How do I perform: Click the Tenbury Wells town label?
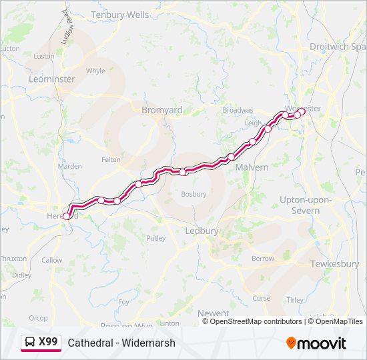[x=120, y=14]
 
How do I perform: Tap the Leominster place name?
[x=52, y=79]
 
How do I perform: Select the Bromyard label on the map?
[x=161, y=110]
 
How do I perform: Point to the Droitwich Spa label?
[x=338, y=47]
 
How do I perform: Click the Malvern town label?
[x=252, y=167]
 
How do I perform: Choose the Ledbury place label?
[x=201, y=231]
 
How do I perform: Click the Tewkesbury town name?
[x=334, y=264]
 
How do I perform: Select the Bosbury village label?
[x=194, y=195]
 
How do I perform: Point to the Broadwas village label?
[x=238, y=110]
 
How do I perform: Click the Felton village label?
[x=111, y=160]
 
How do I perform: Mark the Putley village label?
[x=156, y=238]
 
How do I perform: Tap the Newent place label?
[x=213, y=313]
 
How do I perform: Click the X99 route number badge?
[x=48, y=342]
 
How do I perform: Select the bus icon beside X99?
[x=30, y=343]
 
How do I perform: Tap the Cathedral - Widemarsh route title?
[x=121, y=343]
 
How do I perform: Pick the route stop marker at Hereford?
[x=66, y=216]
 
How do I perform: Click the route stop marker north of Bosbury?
[x=182, y=172]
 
